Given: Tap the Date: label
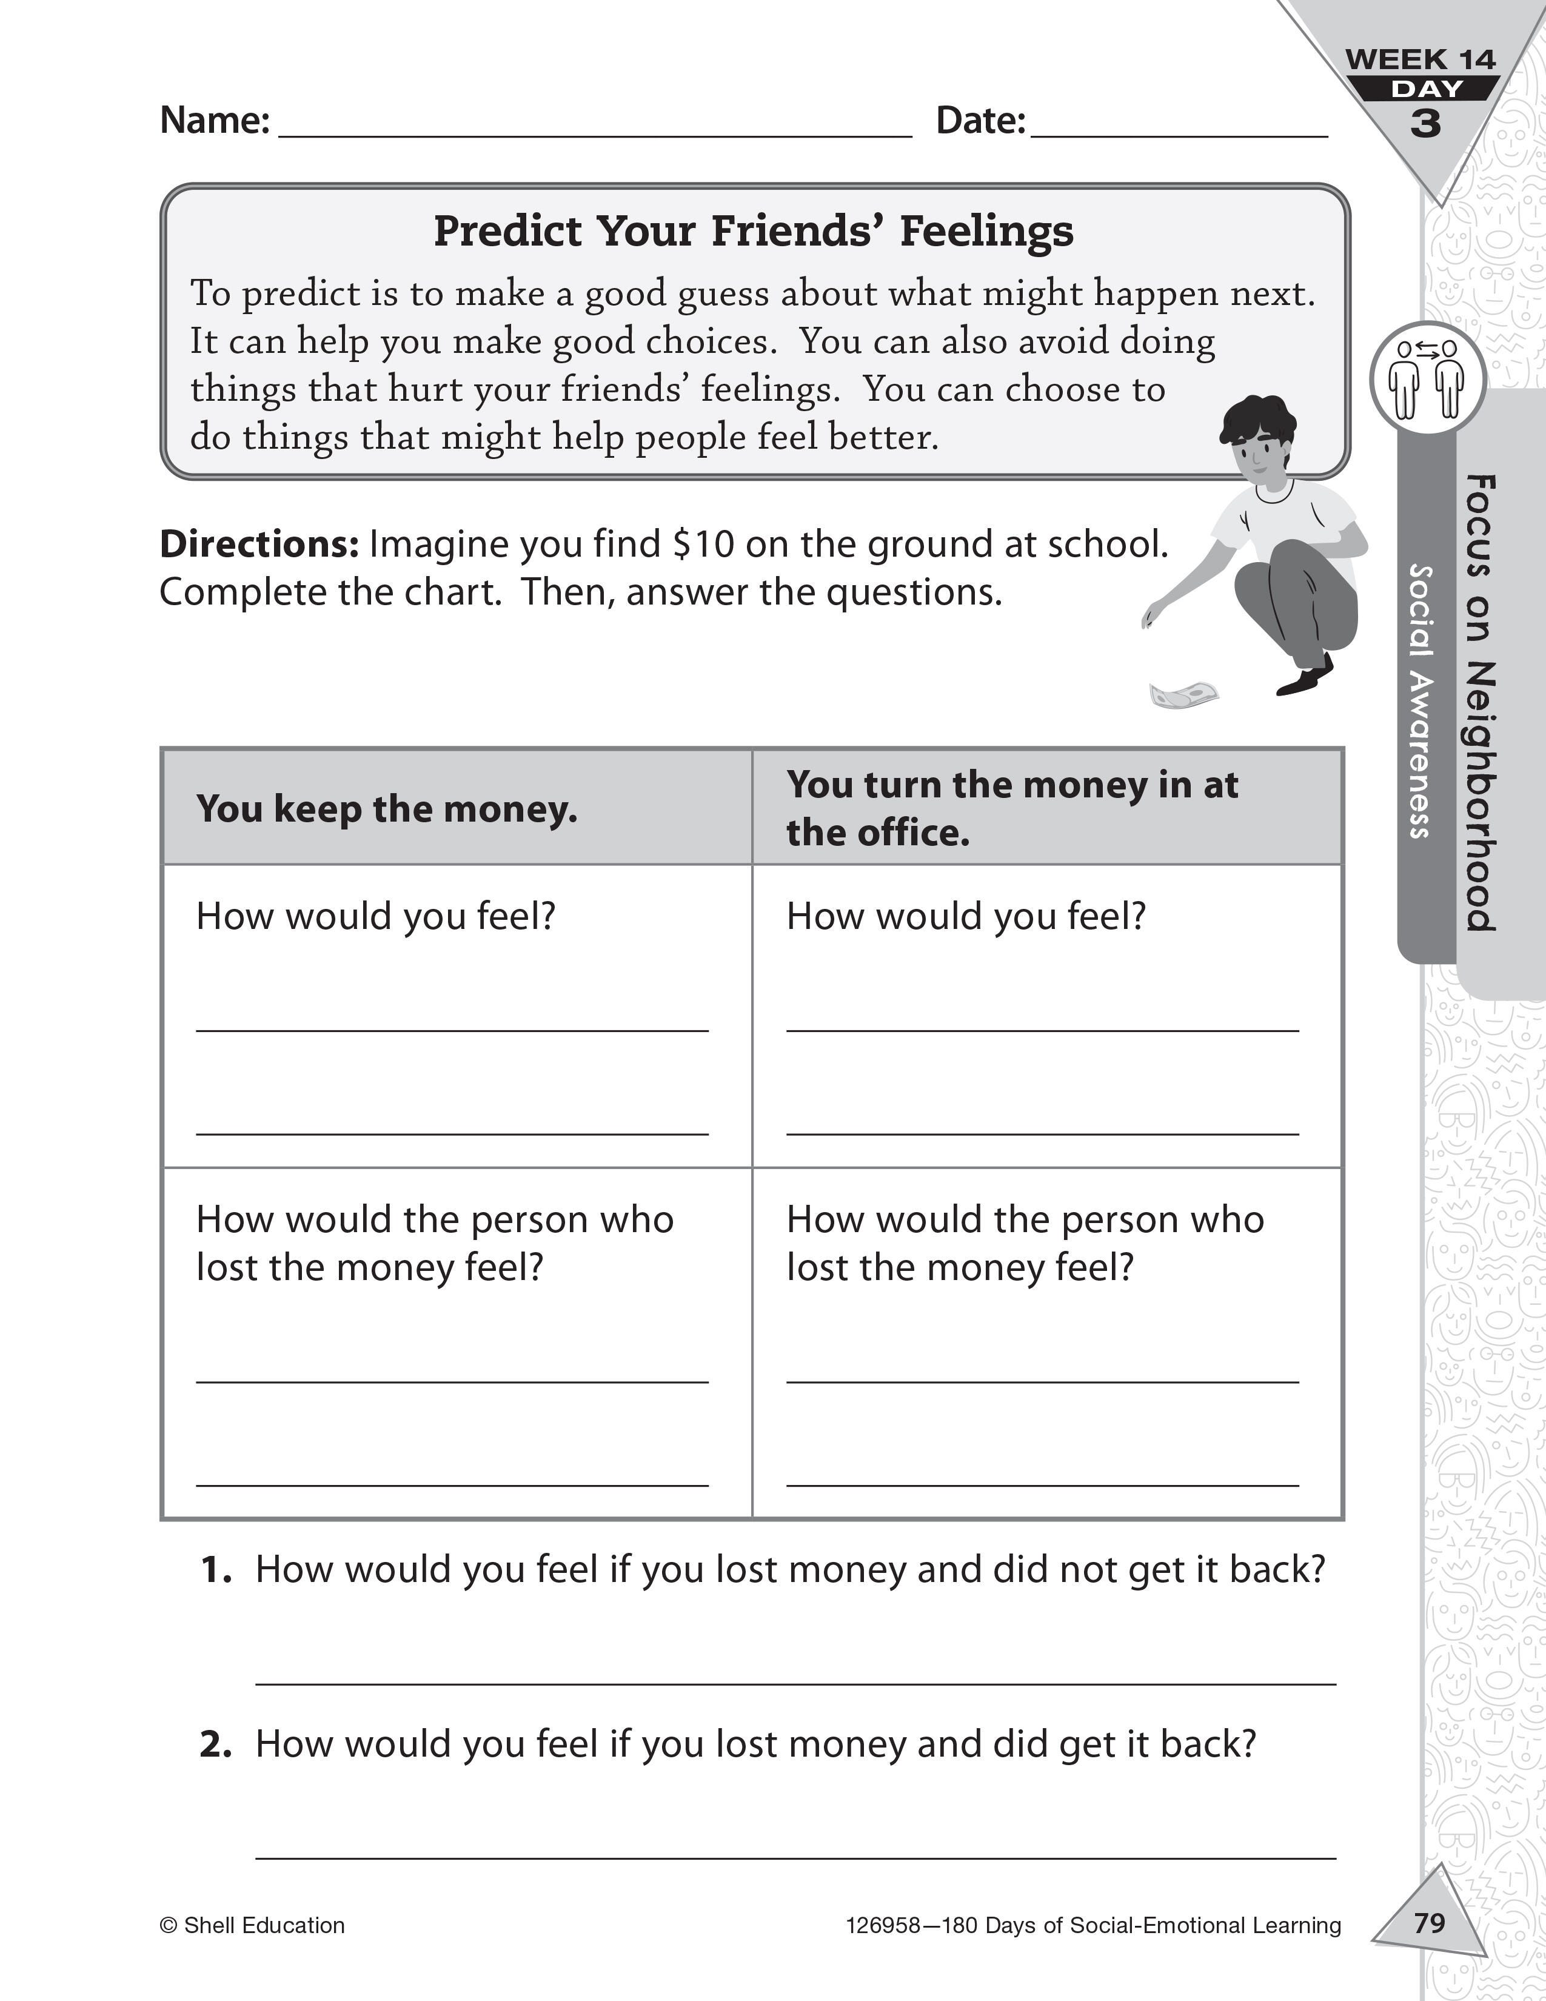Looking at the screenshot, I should (x=980, y=120).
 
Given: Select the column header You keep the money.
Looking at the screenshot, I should (x=387, y=809).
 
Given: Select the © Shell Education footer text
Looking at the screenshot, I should (x=252, y=1925).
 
